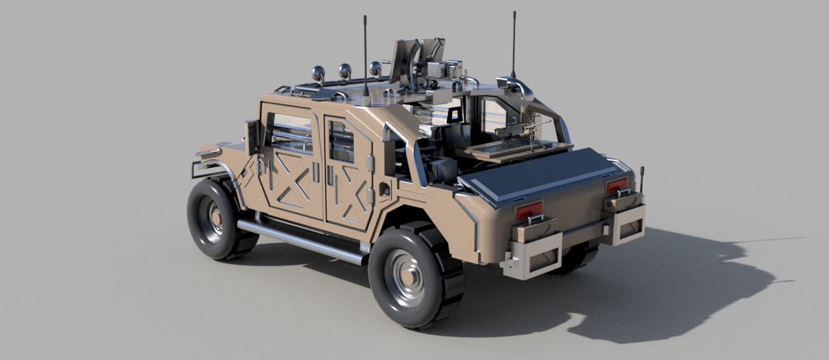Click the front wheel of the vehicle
[214, 219]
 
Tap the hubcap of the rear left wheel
[405, 277]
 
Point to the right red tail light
[617, 186]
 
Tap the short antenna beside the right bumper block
[642, 179]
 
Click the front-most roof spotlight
[318, 73]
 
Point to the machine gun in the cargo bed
[518, 129]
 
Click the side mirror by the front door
[252, 136]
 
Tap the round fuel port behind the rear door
[385, 191]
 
